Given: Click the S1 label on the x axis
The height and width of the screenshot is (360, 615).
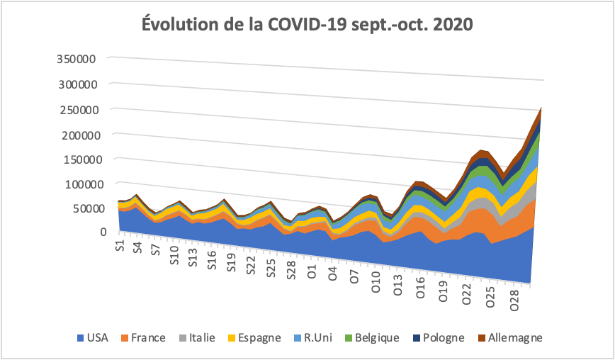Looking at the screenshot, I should [x=120, y=247].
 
